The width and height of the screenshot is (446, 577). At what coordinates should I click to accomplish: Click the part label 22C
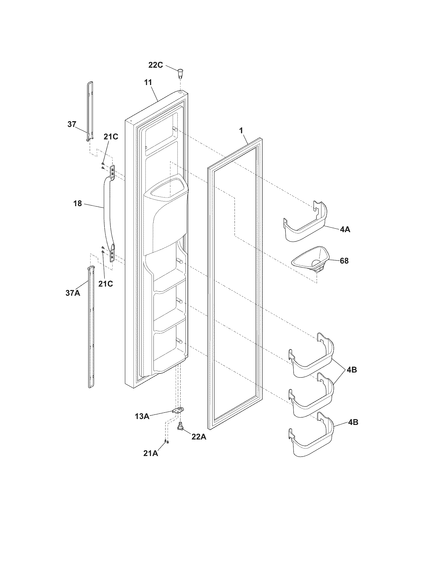(x=155, y=65)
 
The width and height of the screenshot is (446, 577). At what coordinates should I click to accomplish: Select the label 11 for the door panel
(x=148, y=82)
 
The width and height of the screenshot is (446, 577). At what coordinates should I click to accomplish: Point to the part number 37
(x=72, y=124)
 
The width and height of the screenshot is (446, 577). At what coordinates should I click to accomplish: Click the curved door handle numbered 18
(x=108, y=211)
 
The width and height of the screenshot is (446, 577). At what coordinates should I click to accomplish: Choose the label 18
(x=77, y=204)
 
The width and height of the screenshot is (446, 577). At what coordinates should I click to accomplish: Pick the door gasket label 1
(x=241, y=131)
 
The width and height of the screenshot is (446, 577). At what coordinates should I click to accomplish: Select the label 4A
(x=345, y=229)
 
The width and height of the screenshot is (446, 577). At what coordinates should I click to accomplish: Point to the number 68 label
(x=344, y=261)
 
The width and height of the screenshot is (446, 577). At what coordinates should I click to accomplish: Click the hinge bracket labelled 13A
(x=178, y=410)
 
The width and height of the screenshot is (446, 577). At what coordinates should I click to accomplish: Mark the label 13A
(x=142, y=417)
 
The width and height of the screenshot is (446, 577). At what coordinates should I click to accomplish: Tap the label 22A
(x=199, y=437)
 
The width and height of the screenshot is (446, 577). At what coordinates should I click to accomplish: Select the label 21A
(x=151, y=453)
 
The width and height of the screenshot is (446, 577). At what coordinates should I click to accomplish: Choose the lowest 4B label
(x=353, y=422)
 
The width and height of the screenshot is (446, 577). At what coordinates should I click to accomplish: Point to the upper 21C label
(x=111, y=137)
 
